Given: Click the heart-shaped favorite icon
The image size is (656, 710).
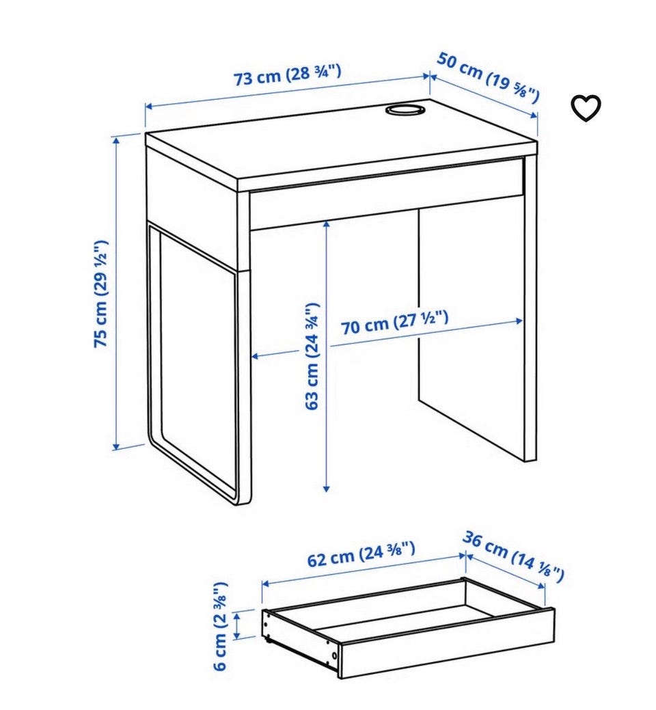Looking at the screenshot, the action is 586,108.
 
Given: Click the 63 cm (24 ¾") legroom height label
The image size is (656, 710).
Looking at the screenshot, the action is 312,356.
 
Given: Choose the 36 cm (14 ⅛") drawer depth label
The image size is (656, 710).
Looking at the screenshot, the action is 513,556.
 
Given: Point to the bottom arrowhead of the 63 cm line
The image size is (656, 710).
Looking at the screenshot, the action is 327,488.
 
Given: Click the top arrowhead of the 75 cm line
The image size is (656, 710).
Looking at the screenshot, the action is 116,141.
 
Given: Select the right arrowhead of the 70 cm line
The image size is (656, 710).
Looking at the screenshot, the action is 519,321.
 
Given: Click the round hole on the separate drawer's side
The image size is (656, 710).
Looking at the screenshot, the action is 334,655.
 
